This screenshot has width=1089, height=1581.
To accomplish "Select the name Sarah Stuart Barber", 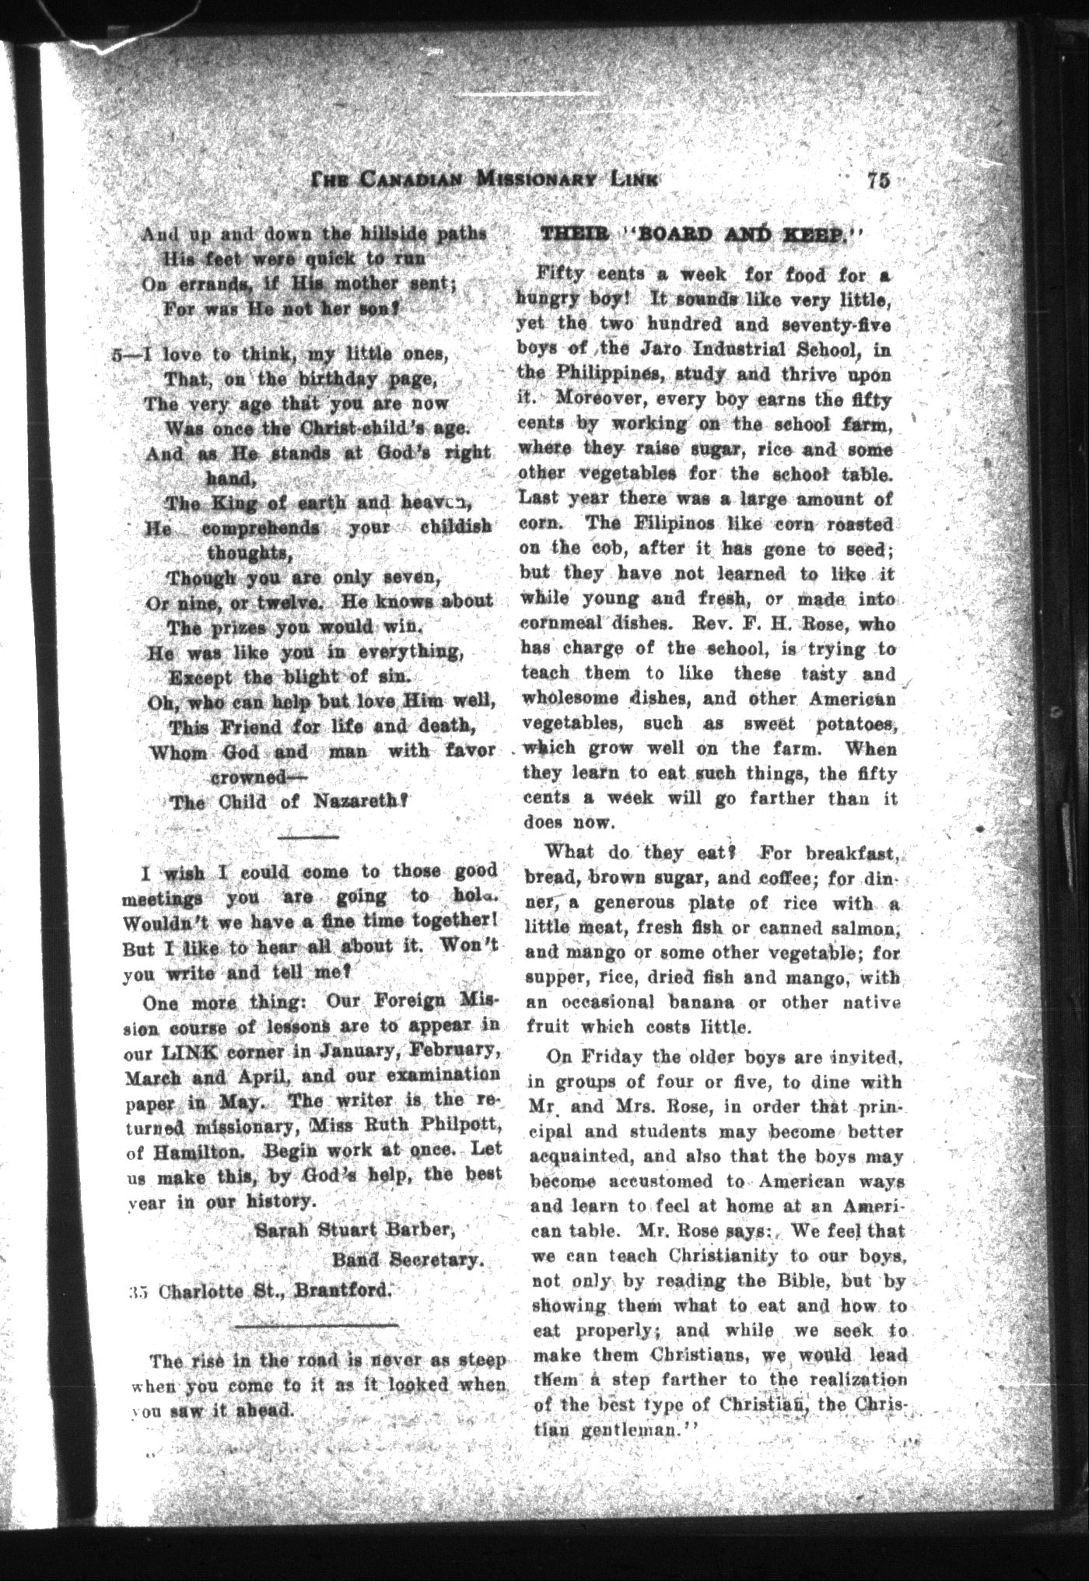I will [x=354, y=1230].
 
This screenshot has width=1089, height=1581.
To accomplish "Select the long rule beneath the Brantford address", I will [x=317, y=1324].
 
